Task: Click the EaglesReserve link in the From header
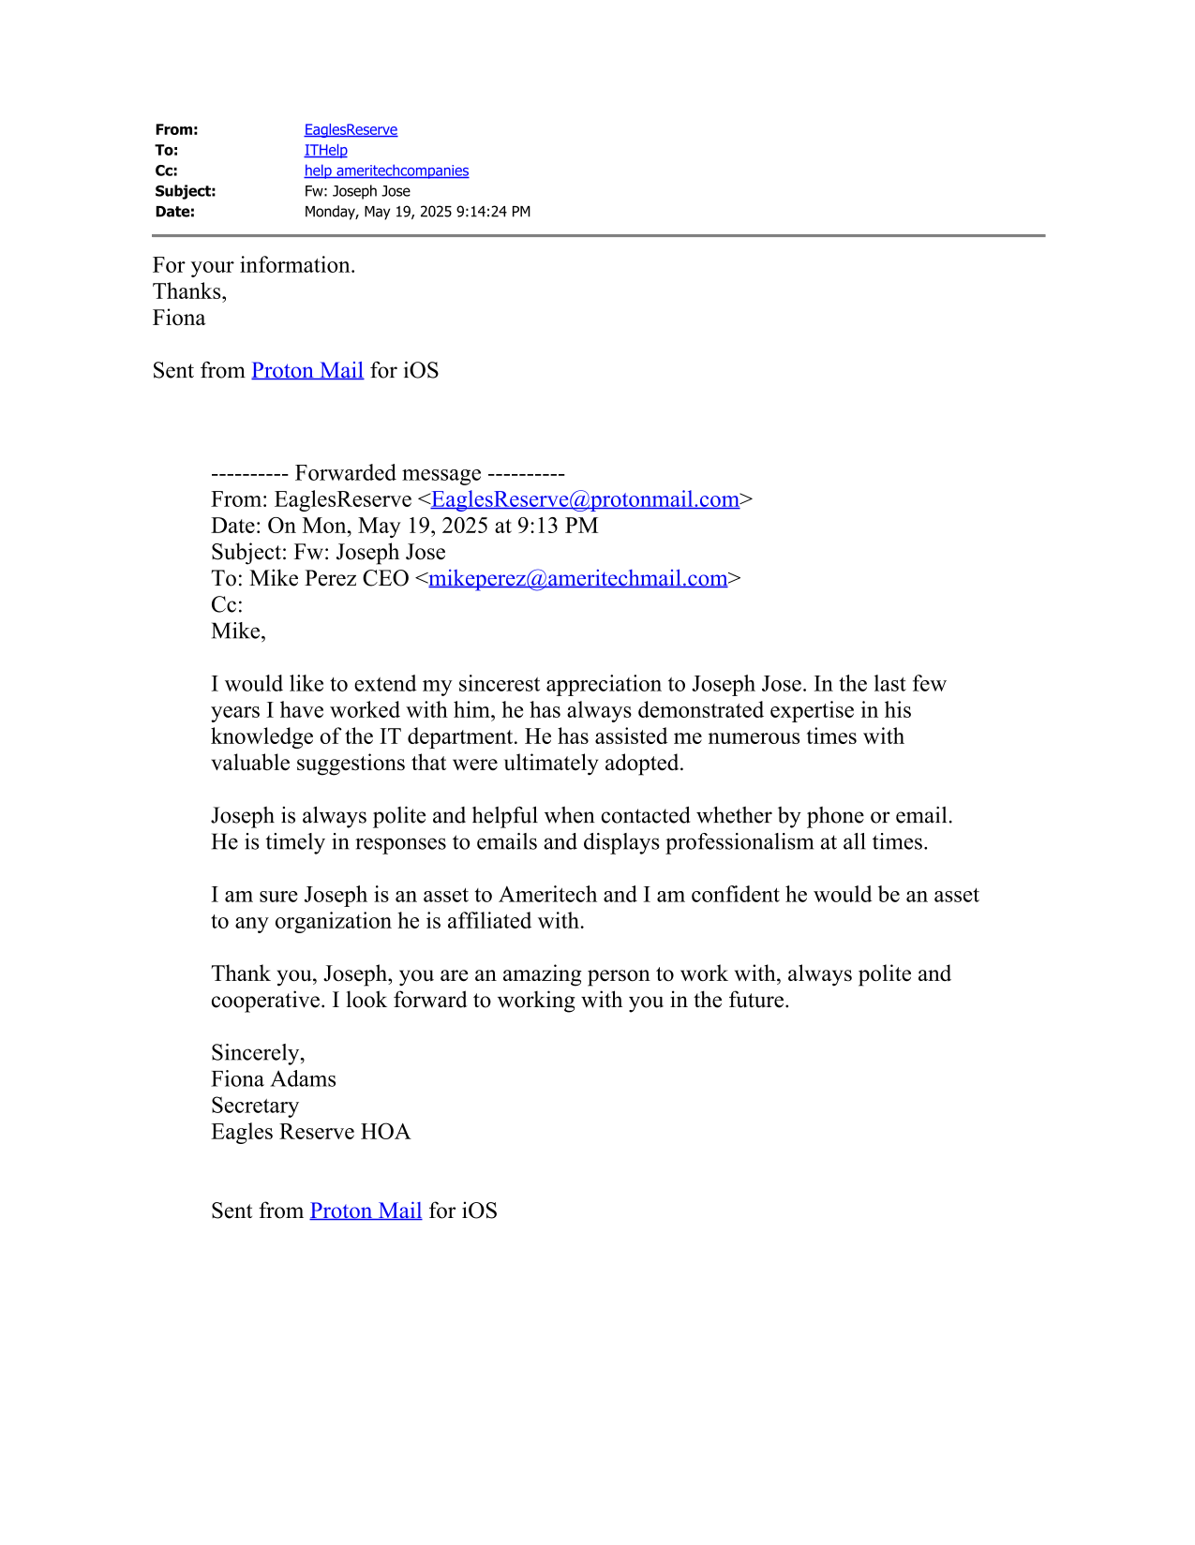pyautogui.click(x=351, y=129)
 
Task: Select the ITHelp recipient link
pyautogui.click(x=325, y=150)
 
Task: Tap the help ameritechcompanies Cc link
pyautogui.click(x=386, y=171)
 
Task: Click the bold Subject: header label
pyautogui.click(x=186, y=191)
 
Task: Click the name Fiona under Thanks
pyautogui.click(x=179, y=318)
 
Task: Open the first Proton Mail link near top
pyautogui.click(x=307, y=370)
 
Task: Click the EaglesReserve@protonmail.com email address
pyautogui.click(x=585, y=499)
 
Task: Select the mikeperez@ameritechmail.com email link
pyautogui.click(x=577, y=578)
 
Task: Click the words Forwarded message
pyautogui.click(x=388, y=473)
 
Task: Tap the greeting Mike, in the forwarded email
pyautogui.click(x=238, y=631)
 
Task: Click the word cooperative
pyautogui.click(x=268, y=1001)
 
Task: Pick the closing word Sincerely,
pyautogui.click(x=258, y=1053)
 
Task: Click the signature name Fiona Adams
pyautogui.click(x=274, y=1079)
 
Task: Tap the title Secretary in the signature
pyautogui.click(x=255, y=1106)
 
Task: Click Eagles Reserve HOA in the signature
pyautogui.click(x=310, y=1132)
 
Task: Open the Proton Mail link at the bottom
pyautogui.click(x=366, y=1211)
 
